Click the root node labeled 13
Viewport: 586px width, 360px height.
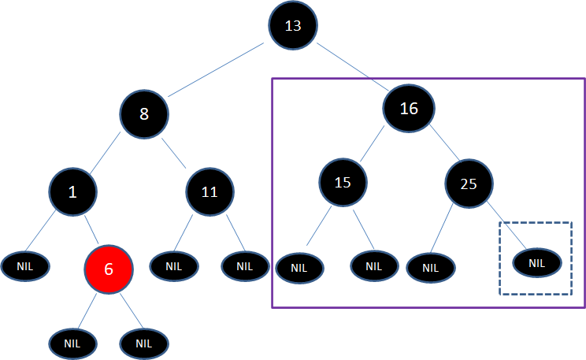293,25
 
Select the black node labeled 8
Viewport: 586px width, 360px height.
144,113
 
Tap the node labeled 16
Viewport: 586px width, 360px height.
409,109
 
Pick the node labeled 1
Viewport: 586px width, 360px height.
72,191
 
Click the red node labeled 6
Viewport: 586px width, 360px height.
109,268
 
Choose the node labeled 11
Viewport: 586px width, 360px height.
210,191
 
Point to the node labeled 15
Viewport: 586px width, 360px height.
343,183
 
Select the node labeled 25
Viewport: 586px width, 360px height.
469,184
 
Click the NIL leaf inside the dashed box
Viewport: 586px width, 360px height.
536,262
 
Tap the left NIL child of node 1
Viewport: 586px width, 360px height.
25,266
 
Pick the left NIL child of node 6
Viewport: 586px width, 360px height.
72,343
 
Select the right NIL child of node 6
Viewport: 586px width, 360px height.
143,343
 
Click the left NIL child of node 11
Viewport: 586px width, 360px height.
173,266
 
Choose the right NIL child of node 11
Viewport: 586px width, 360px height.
245,266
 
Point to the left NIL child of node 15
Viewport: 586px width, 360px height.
299,268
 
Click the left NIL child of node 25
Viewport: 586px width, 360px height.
430,267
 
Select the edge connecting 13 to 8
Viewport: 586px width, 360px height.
216,69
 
